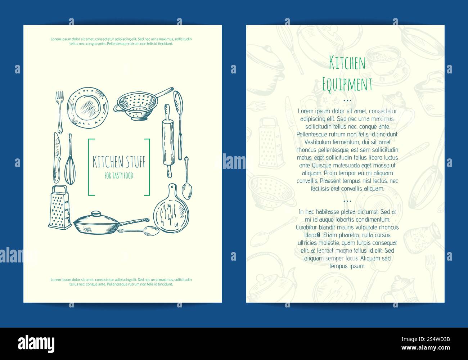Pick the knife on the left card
point(57,157)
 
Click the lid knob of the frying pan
point(96,213)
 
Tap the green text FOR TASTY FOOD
point(119,176)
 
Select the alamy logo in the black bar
point(36,343)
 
